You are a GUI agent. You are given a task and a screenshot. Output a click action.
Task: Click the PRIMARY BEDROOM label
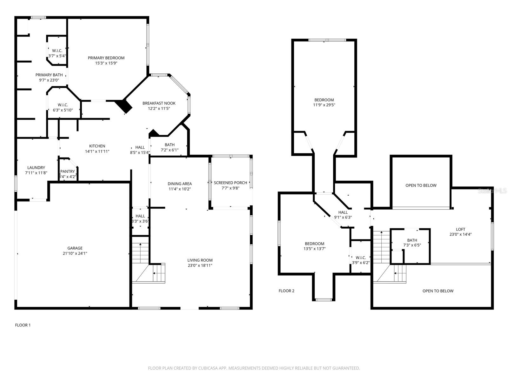click(106, 58)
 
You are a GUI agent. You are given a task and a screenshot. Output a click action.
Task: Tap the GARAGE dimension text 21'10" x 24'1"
click(75, 253)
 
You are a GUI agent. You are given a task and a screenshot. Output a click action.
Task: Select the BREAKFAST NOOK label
click(159, 103)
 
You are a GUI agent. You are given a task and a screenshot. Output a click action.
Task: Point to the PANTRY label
click(68, 171)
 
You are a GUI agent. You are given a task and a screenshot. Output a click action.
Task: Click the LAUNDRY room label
click(36, 168)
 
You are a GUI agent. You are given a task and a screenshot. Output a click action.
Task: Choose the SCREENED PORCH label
click(231, 183)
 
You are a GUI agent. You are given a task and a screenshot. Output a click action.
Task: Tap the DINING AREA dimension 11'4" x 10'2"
click(179, 189)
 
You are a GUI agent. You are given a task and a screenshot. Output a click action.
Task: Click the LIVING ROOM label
click(200, 260)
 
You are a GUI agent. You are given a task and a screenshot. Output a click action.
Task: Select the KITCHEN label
click(97, 146)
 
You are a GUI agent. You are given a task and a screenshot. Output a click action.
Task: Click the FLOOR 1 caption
click(23, 325)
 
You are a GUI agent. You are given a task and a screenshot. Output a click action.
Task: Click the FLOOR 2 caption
click(286, 291)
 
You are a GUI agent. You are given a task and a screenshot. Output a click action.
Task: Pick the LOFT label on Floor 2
click(460, 229)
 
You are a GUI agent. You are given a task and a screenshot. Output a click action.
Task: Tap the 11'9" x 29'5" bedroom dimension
click(324, 105)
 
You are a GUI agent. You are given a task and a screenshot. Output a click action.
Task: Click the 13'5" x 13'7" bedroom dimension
click(314, 249)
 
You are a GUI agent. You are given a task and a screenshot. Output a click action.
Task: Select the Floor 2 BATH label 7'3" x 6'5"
click(412, 240)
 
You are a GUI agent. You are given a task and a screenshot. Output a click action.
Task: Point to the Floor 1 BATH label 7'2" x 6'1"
click(170, 145)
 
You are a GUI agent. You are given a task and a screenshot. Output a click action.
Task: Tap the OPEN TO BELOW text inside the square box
click(421, 185)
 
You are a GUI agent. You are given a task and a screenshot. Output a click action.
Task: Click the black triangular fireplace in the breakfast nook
click(124, 106)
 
